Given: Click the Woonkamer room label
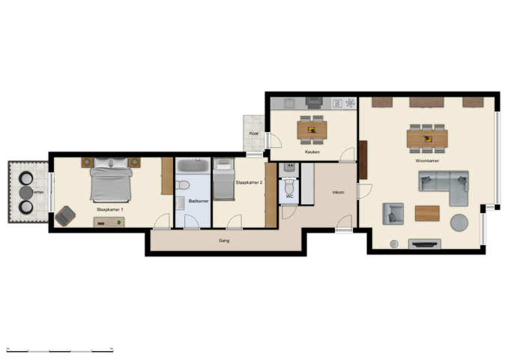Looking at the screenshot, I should coord(427,160).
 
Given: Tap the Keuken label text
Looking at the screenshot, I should coord(312,152).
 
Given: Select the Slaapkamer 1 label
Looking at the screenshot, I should coord(110,210).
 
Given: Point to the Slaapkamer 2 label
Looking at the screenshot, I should coord(248,183).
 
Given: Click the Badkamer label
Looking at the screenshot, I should coord(199,201).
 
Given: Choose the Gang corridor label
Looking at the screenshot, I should coord(224,241).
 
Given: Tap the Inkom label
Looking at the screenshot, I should coord(338,193).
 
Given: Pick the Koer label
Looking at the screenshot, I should coord(254,133).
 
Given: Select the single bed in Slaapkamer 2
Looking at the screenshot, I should coord(223,180).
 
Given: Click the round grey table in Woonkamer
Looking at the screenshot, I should coord(459,223).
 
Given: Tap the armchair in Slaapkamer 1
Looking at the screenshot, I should coord(65,216).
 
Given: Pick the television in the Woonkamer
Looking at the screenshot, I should coord(425,243).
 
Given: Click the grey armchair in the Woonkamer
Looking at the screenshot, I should coord(393,214).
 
